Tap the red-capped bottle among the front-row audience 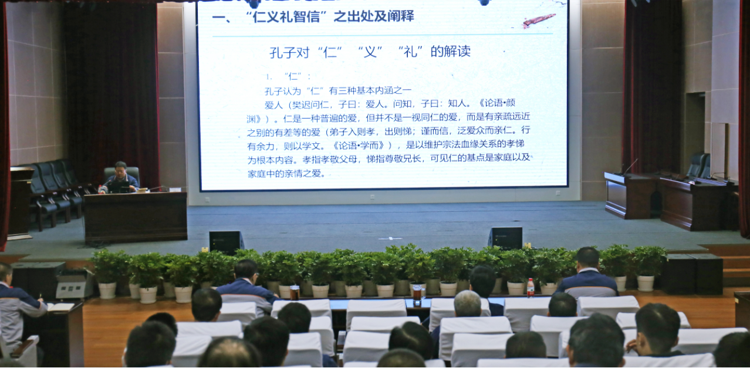(531, 288)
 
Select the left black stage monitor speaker (226, 243)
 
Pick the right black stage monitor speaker (505, 238)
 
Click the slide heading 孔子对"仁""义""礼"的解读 (370, 52)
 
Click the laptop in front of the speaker (118, 187)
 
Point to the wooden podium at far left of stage (20, 202)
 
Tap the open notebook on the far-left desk (60, 306)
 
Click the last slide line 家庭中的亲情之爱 (286, 174)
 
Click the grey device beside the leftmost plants (73, 285)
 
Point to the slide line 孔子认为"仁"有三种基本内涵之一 (338, 90)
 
